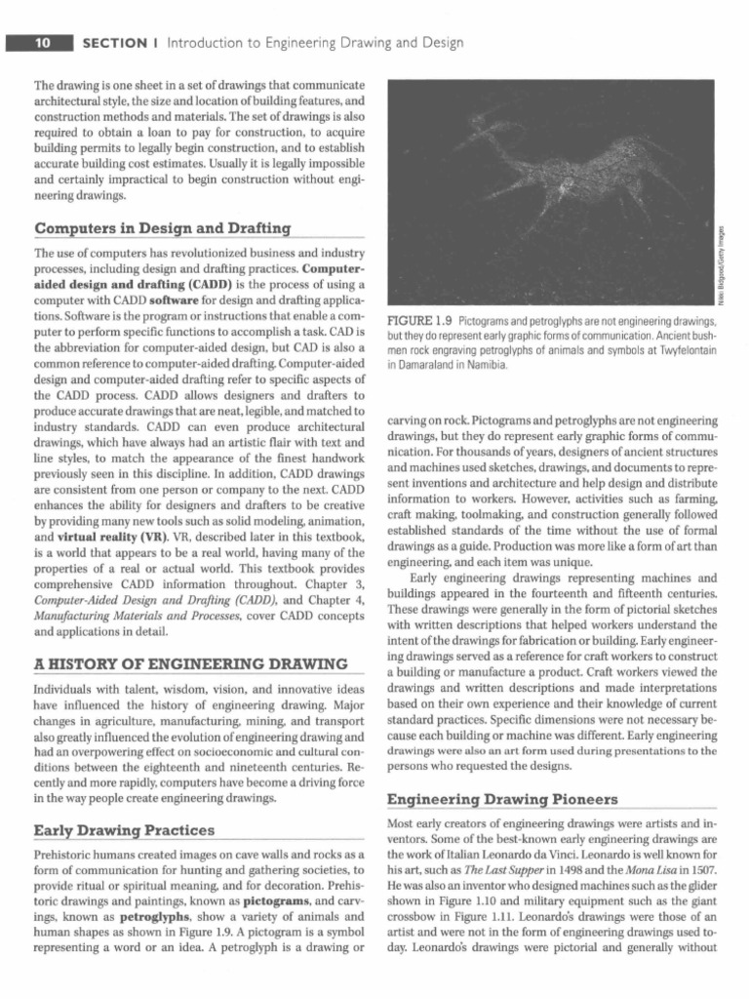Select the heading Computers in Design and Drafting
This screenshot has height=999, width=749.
(x=162, y=228)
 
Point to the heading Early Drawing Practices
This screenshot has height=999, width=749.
(x=125, y=830)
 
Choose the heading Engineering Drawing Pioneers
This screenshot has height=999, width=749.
(x=502, y=800)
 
